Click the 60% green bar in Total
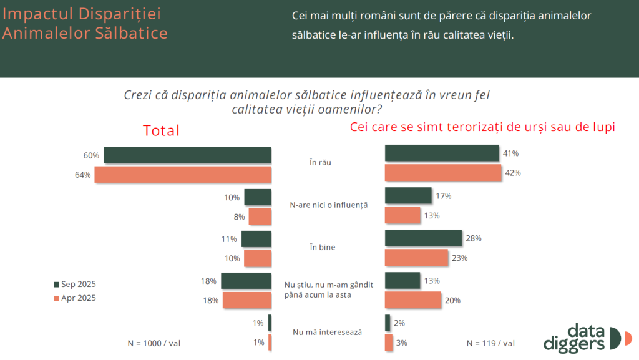[x=187, y=155]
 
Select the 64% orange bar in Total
[x=182, y=175]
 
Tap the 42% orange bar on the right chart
[x=444, y=172]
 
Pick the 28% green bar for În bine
[x=423, y=238]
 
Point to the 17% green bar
[x=408, y=196]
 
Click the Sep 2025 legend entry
[x=75, y=284]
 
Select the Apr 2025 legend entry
[x=75, y=298]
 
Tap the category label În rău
[x=320, y=163]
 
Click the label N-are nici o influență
[x=329, y=205]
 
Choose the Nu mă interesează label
[x=327, y=332]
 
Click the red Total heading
[x=161, y=131]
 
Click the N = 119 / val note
[x=490, y=343]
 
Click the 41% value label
[x=511, y=153]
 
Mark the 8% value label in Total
[x=239, y=216]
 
